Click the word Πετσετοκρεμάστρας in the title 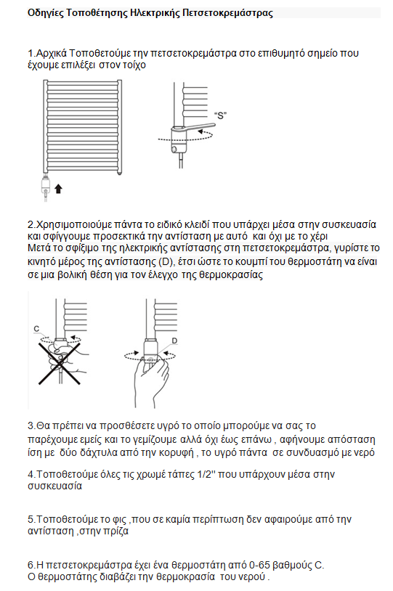point(227,13)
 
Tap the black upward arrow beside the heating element point(58,189)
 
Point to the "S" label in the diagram point(220,115)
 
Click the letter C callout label point(36,329)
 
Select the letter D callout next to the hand point(174,341)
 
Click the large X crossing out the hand point(60,363)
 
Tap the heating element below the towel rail point(46,187)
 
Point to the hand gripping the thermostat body point(151,380)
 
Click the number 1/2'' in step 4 point(206,474)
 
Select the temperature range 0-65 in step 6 point(259,565)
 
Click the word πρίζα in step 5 point(116,531)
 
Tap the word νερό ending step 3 point(365,452)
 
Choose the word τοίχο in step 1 point(134,65)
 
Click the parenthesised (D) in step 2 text point(165,261)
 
